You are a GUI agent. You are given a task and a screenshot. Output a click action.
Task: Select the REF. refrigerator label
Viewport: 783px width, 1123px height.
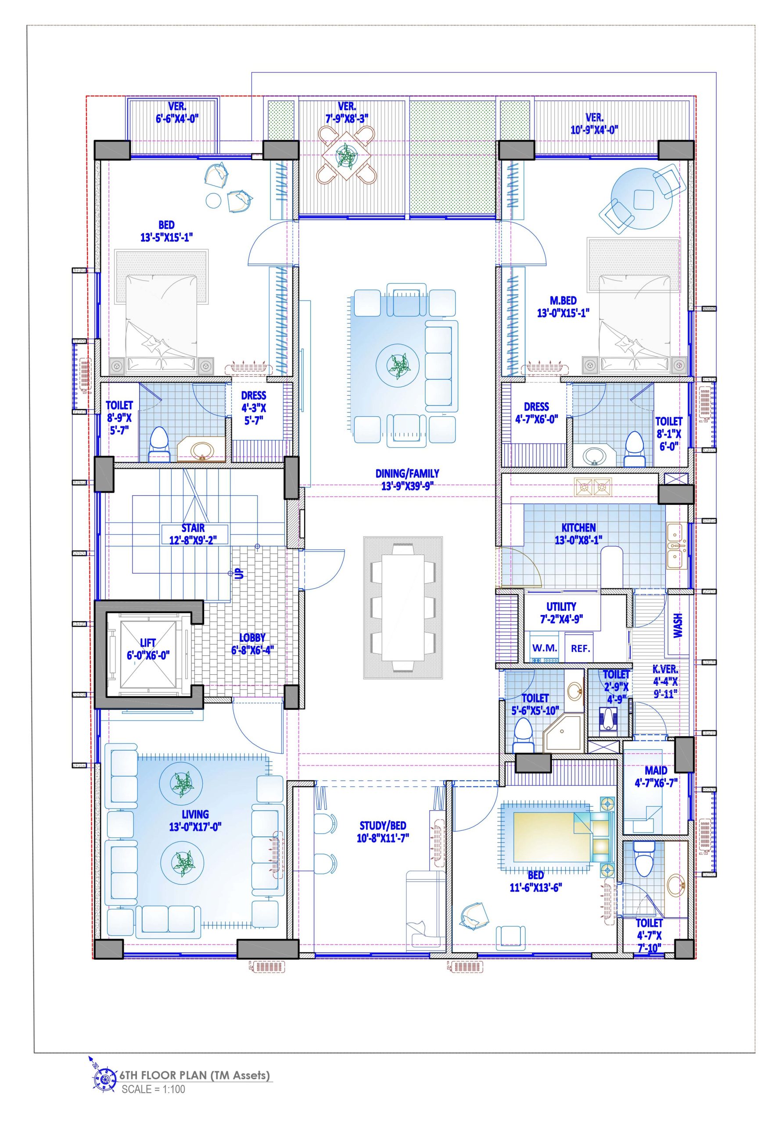click(580, 648)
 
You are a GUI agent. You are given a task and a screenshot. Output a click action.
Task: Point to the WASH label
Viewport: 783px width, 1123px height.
click(678, 626)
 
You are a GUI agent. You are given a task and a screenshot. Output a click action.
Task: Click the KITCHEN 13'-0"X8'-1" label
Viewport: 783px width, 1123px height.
click(578, 533)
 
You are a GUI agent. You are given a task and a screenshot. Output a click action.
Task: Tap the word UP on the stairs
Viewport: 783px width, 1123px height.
click(240, 573)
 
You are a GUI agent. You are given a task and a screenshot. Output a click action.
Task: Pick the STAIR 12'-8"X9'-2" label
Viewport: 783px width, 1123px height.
click(193, 533)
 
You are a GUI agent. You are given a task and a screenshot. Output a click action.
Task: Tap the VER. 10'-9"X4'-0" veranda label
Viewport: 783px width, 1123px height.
click(594, 123)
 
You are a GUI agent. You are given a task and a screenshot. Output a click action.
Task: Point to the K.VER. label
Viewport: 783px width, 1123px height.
click(665, 681)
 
